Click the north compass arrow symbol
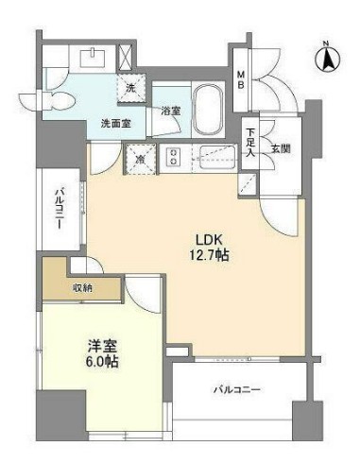pos(331,58)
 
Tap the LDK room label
pos(209,238)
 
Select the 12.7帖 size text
pos(209,255)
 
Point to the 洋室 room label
pos(87,345)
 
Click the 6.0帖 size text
pos(87,361)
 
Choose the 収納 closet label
pos(82,288)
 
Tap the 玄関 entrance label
pos(281,148)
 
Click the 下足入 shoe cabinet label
pos(250,143)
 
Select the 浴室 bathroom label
pos(171,111)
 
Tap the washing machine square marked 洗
pos(131,86)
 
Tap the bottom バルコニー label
pos(236,389)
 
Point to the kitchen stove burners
pos(173,157)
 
